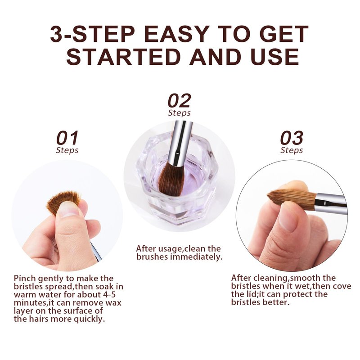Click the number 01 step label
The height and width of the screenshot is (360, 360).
pyautogui.click(x=67, y=138)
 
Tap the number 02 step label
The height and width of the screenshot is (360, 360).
pyautogui.click(x=179, y=100)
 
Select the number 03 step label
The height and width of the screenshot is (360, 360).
pyautogui.click(x=292, y=138)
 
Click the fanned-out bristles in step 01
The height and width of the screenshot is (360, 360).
pyautogui.click(x=63, y=202)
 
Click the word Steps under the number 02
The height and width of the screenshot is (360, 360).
pyautogui.click(x=179, y=113)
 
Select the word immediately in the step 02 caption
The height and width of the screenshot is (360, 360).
pyautogui.click(x=197, y=256)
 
